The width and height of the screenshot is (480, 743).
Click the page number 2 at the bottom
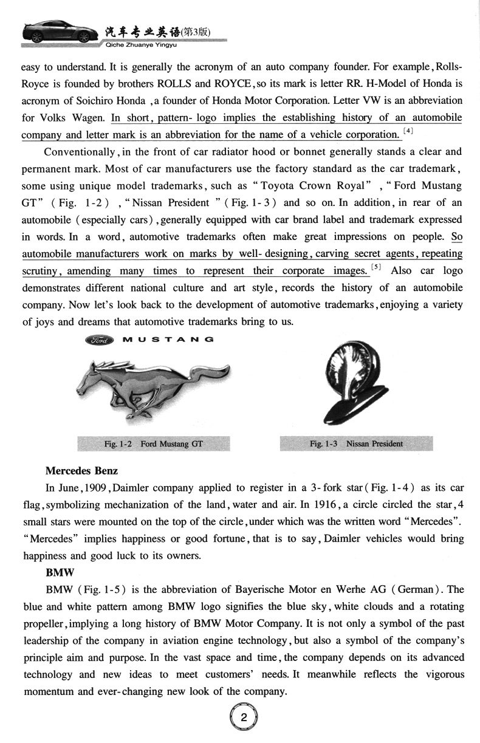[243, 717]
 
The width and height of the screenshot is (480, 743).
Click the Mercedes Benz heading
[81, 471]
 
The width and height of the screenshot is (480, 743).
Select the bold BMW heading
[58, 572]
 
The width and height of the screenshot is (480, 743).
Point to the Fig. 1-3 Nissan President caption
[356, 443]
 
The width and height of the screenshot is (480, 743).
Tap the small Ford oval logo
[101, 340]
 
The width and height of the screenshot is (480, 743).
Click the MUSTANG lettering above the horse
[167, 340]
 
